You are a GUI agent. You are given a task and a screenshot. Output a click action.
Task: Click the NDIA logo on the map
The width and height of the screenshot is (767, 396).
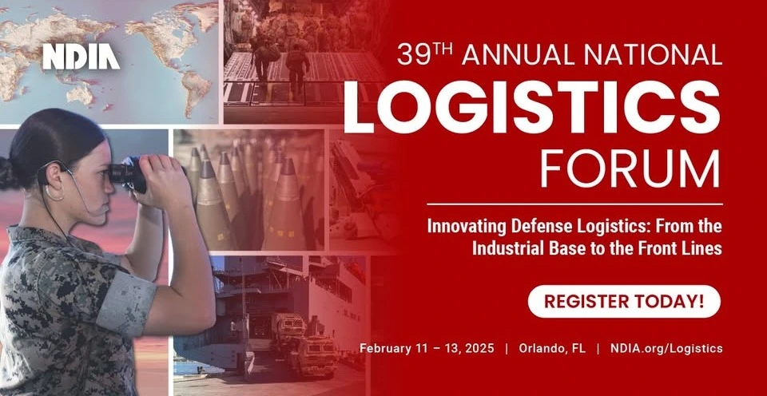[x=81, y=57]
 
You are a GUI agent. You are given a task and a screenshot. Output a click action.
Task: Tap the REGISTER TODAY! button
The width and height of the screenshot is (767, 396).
[x=624, y=301]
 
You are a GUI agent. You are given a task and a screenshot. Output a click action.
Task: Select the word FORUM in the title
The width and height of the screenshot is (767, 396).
[x=630, y=168]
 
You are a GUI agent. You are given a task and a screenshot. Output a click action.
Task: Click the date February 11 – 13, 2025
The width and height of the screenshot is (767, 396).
[x=427, y=349]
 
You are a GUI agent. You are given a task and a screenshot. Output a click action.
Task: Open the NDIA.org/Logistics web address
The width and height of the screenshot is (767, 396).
[x=666, y=349]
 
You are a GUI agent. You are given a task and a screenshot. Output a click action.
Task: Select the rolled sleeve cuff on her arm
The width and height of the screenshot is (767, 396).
[x=125, y=303]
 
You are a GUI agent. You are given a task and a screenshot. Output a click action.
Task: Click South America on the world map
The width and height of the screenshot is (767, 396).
[x=195, y=93]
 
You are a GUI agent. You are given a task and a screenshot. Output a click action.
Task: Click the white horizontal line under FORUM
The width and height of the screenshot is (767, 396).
[x=574, y=204]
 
